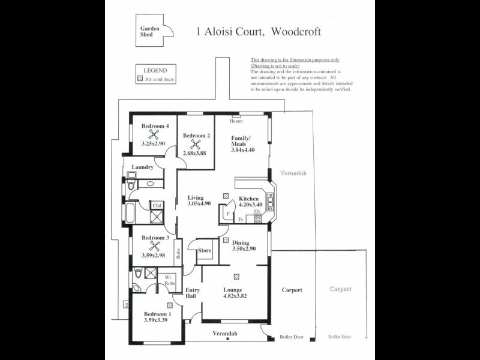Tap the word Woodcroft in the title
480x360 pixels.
click(x=296, y=32)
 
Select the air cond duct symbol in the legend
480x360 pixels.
click(x=141, y=79)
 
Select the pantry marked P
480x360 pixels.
click(x=228, y=213)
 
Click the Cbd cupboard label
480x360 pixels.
click(x=157, y=206)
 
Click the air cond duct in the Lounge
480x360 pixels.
click(x=237, y=276)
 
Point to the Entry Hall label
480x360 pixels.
click(x=192, y=293)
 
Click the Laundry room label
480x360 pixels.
click(x=142, y=167)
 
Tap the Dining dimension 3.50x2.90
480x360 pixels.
click(x=244, y=248)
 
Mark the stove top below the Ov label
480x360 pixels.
click(x=258, y=218)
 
